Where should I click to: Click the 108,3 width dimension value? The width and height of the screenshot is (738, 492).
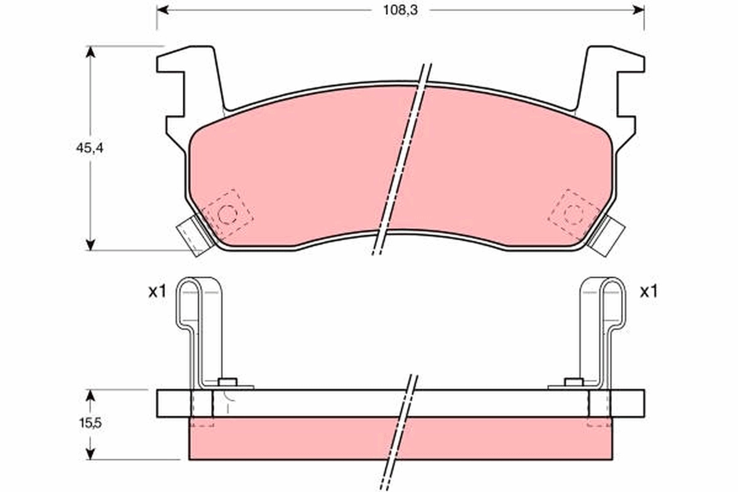pyautogui.click(x=400, y=10)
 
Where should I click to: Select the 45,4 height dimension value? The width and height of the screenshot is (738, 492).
pyautogui.click(x=90, y=148)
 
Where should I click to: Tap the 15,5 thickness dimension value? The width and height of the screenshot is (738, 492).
pyautogui.click(x=90, y=423)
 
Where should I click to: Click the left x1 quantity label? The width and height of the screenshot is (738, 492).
pyautogui.click(x=157, y=292)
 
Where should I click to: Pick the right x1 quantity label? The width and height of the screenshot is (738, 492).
pyautogui.click(x=648, y=292)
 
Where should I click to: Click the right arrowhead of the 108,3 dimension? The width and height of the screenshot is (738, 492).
pyautogui.click(x=638, y=10)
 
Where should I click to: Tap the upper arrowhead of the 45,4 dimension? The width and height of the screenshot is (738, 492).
pyautogui.click(x=90, y=52)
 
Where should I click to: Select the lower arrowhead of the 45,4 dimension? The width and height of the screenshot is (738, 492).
pyautogui.click(x=90, y=245)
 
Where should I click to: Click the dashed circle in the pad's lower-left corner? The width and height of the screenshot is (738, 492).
pyautogui.click(x=228, y=215)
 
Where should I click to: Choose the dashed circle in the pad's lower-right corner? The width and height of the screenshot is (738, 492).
pyautogui.click(x=574, y=213)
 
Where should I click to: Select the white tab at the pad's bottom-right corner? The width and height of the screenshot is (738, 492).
pyautogui.click(x=607, y=236)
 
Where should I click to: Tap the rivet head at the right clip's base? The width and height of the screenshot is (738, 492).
pyautogui.click(x=574, y=382)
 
